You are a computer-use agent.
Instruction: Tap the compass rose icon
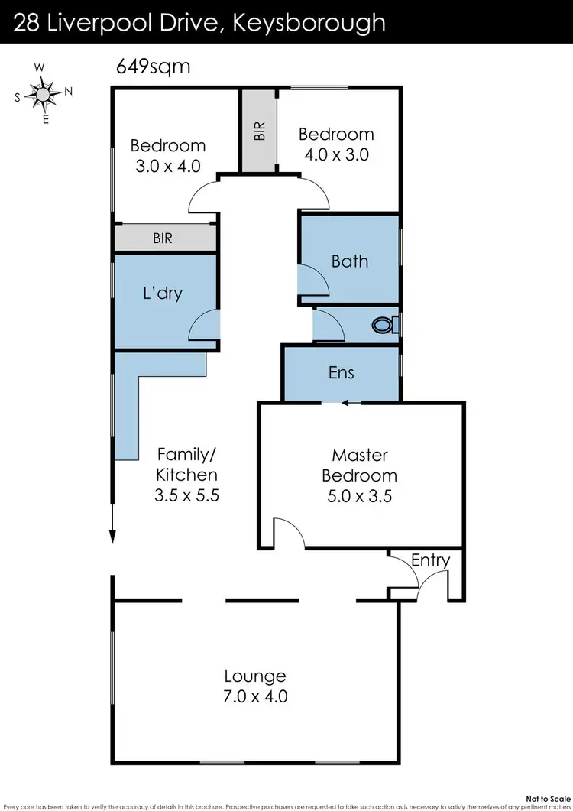click(x=44, y=93)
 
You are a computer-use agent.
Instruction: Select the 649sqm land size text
click(x=153, y=67)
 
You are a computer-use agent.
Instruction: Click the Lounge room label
click(x=255, y=676)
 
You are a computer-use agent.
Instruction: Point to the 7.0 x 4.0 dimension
click(x=255, y=696)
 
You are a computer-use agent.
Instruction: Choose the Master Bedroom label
click(x=359, y=465)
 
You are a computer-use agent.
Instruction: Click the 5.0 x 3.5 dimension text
click(x=359, y=495)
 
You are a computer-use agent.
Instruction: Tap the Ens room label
click(x=342, y=372)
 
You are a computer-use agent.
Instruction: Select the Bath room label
click(x=350, y=261)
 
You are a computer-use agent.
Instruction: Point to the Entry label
click(x=430, y=560)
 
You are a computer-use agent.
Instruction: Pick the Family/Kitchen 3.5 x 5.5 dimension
click(x=187, y=495)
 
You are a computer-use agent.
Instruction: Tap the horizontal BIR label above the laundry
click(x=163, y=238)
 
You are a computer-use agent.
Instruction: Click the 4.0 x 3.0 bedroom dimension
click(x=336, y=154)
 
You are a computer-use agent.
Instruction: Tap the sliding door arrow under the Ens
click(x=344, y=403)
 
